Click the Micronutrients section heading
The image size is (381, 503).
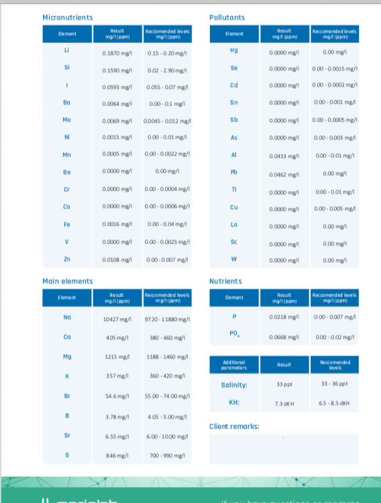click(68, 17)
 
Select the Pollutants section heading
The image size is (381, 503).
click(227, 17)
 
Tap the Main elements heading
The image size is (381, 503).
click(68, 281)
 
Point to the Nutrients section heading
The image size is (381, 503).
click(225, 281)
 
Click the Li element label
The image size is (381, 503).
click(66, 51)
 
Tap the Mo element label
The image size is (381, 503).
click(66, 119)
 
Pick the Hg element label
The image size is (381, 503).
click(233, 51)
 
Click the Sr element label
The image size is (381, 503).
click(66, 435)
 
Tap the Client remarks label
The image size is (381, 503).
click(235, 427)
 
